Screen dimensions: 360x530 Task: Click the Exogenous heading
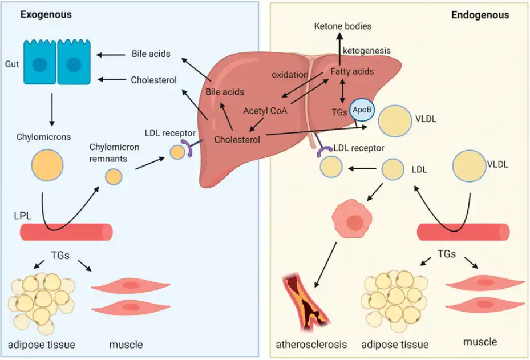[46, 15]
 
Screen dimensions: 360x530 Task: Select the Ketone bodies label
[343, 26]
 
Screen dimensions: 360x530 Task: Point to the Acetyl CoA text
[265, 111]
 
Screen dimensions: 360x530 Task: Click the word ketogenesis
[366, 51]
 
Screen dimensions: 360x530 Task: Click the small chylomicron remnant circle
[114, 176]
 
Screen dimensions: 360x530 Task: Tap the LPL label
[23, 217]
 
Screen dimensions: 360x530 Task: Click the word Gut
[13, 64]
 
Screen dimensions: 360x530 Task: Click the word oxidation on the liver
[290, 75]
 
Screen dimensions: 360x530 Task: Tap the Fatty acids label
[352, 72]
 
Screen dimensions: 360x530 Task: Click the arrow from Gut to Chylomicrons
[52, 108]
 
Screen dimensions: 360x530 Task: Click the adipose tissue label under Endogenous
[396, 345]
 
